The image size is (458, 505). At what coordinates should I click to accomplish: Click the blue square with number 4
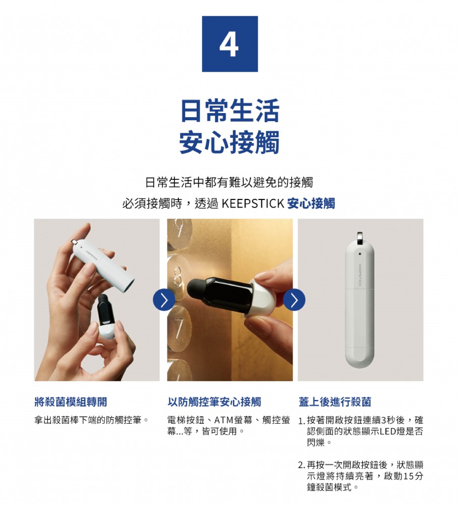pos(230,44)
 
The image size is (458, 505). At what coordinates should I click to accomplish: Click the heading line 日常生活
pos(230,111)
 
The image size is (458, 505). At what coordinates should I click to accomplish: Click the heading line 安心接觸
pos(230,142)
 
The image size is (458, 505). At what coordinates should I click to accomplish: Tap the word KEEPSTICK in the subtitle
pos(253,204)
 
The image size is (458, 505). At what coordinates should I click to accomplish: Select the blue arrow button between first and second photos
pos(164,300)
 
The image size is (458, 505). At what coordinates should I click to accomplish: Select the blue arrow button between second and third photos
pos(294,300)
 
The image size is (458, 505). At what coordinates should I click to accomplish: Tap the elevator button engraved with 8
pos(178,277)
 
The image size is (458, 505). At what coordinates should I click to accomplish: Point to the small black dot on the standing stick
pos(360,254)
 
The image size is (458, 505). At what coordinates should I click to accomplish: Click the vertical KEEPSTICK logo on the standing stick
pos(360,274)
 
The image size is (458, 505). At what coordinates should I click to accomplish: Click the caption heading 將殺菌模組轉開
pos(71,401)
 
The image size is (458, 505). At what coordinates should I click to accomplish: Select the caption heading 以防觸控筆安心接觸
pos(214,401)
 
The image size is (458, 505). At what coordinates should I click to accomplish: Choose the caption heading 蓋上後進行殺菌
pos(335,401)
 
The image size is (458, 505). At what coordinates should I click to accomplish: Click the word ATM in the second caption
pos(224,420)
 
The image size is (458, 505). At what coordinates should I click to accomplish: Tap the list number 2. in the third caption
pos(302,466)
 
